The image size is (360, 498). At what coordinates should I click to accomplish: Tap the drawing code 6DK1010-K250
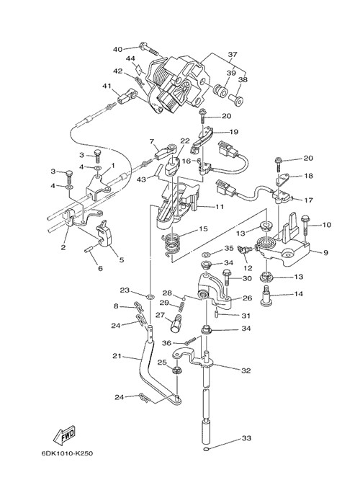(x=67, y=453)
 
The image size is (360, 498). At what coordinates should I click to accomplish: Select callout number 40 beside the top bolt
(x=117, y=49)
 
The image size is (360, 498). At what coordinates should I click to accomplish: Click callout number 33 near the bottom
(x=246, y=438)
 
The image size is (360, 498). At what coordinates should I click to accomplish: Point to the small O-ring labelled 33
(x=207, y=449)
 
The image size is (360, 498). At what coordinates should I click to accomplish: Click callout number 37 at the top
(x=233, y=54)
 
